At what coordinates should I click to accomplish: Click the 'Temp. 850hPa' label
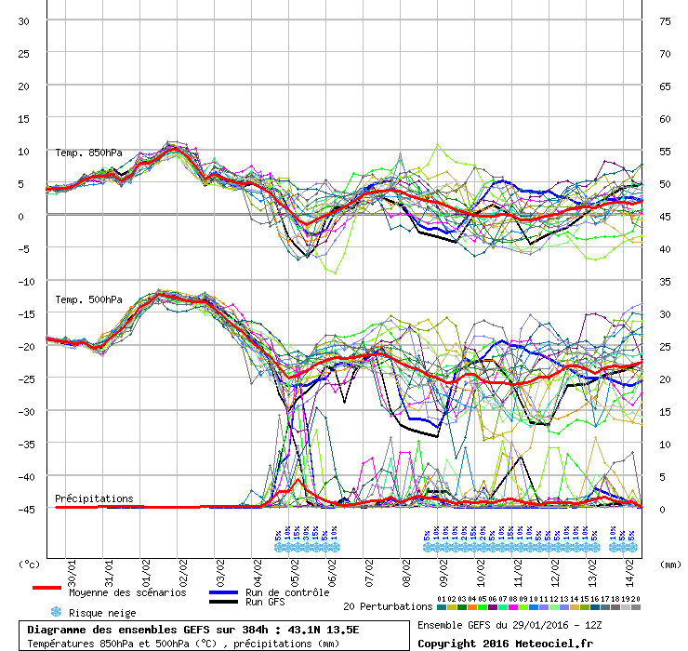click(88, 153)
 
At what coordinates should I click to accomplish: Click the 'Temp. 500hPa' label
click(88, 299)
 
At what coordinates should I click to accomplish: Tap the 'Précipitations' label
click(94, 498)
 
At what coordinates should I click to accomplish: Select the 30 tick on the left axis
click(24, 21)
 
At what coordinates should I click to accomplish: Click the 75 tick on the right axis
click(665, 21)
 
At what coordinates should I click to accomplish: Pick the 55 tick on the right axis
click(665, 152)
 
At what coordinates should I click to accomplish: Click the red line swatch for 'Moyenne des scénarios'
click(46, 588)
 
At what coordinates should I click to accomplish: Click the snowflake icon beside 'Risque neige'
click(56, 612)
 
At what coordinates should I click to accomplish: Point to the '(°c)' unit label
click(30, 564)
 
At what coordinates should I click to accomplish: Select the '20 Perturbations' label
click(388, 606)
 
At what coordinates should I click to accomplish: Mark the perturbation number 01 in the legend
click(441, 599)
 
